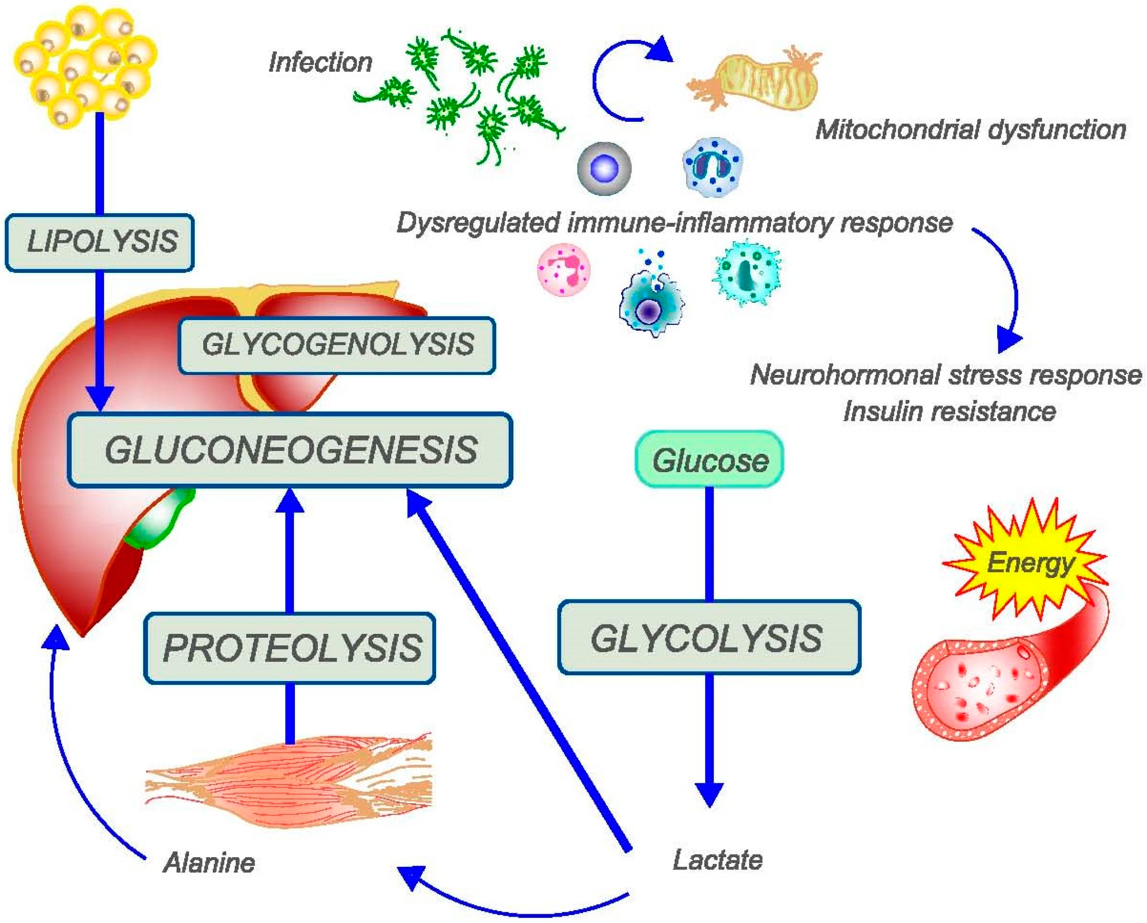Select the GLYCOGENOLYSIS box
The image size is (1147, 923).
(x=337, y=344)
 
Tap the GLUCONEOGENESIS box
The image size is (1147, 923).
(x=290, y=450)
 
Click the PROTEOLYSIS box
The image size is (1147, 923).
(x=290, y=648)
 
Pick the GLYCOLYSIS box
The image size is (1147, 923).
(x=709, y=638)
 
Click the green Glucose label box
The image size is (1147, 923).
(x=710, y=460)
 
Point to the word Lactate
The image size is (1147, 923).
(x=717, y=860)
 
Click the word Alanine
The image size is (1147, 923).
(x=209, y=862)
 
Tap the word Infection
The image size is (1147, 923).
(x=320, y=62)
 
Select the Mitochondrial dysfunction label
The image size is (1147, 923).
(x=970, y=129)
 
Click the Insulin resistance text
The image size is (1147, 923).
(x=950, y=411)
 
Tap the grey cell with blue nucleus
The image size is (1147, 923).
(x=604, y=169)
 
